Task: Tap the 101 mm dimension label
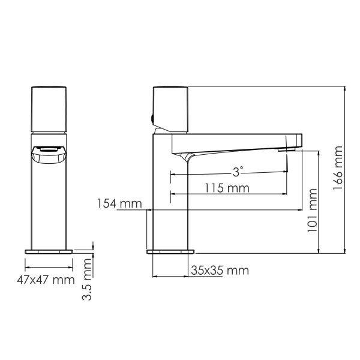[x=311, y=211]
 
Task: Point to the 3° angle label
[x=238, y=172]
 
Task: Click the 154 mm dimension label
[x=116, y=204]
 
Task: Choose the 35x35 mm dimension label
[x=219, y=271]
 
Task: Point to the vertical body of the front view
[x=48, y=204]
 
